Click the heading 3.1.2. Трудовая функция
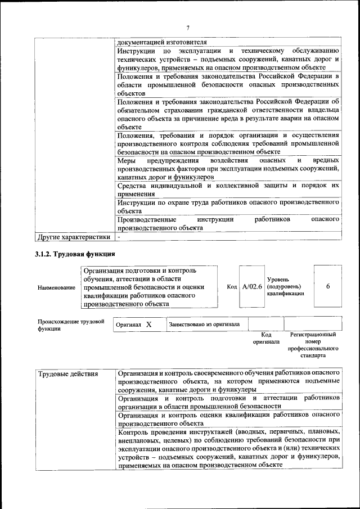(x=75, y=254)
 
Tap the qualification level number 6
(x=327, y=286)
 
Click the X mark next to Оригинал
(x=148, y=325)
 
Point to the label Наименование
(x=56, y=287)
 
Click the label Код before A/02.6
(x=232, y=286)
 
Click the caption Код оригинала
(x=266, y=338)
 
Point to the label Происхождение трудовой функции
(x=70, y=325)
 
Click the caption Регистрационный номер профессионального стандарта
(x=313, y=345)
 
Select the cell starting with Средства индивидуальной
(x=228, y=189)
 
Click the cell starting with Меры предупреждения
(x=228, y=168)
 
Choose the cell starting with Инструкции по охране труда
(x=228, y=205)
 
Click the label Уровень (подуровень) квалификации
(x=286, y=286)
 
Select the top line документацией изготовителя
(x=162, y=42)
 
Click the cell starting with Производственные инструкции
(x=228, y=223)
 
